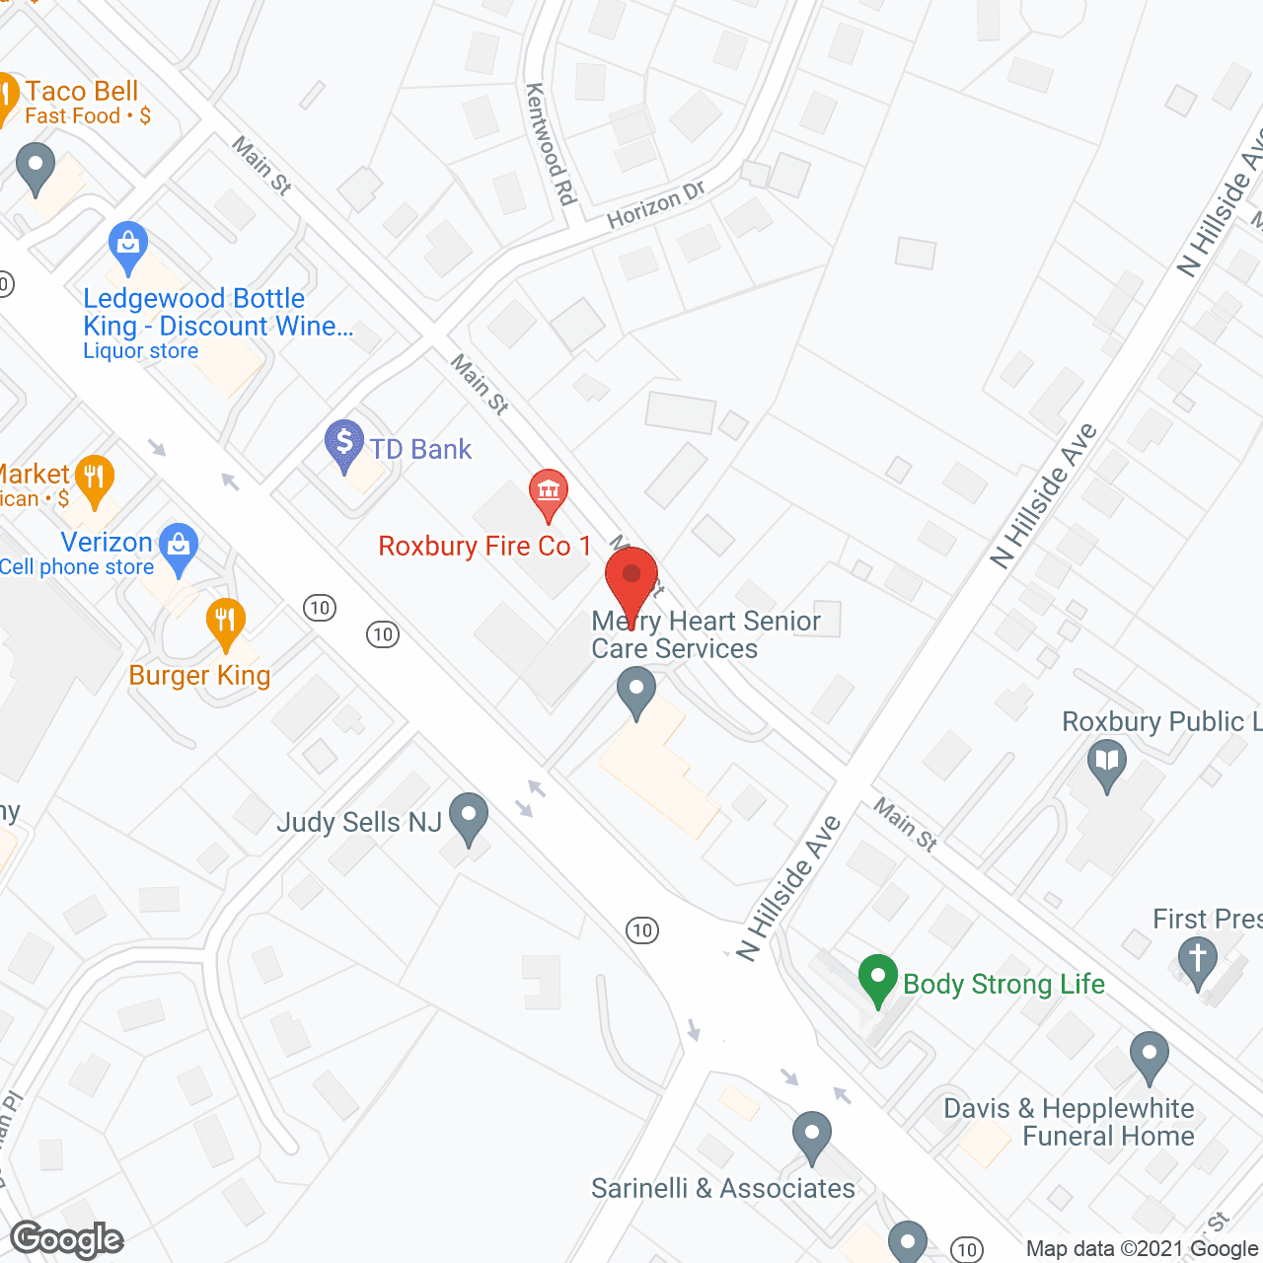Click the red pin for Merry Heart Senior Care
(631, 578)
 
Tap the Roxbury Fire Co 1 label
(484, 547)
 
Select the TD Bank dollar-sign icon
(344, 442)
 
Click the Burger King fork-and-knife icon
(226, 621)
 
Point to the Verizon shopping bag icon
(179, 546)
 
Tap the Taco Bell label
(82, 92)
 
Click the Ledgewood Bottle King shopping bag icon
(128, 244)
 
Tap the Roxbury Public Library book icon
(1107, 763)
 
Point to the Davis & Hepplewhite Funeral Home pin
(1150, 1055)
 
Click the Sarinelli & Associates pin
(812, 1135)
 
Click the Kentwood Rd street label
(551, 144)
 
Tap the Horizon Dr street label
(656, 205)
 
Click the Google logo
(67, 1239)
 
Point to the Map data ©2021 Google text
(1142, 1249)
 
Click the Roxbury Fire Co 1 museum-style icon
(548, 490)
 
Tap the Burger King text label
(199, 676)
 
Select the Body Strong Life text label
(1003, 985)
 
